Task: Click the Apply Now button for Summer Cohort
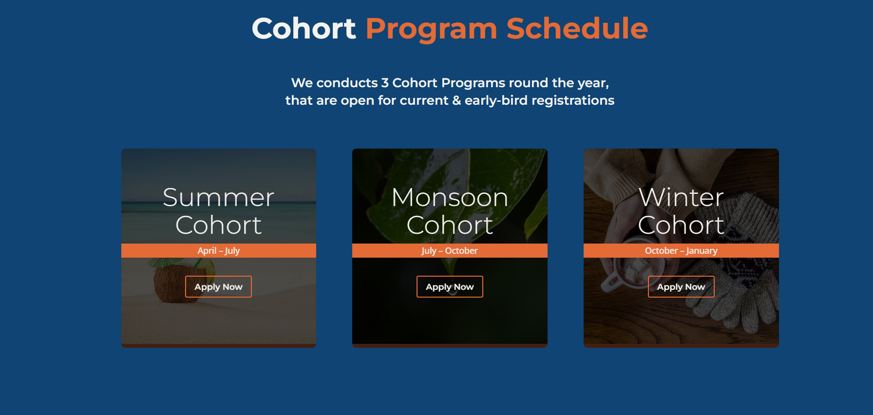[x=218, y=286]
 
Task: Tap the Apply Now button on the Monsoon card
[x=450, y=286]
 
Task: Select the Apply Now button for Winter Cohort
[x=681, y=286]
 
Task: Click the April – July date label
[x=219, y=251]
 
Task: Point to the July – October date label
[x=450, y=251]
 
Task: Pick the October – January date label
[x=681, y=251]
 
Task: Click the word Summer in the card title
[x=219, y=197]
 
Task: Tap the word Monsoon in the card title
[x=450, y=197]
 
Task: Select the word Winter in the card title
[x=681, y=197]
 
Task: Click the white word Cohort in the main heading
[x=304, y=28]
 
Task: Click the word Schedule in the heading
[x=577, y=28]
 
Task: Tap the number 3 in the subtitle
[x=385, y=83]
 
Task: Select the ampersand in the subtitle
[x=456, y=100]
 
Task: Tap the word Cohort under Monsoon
[x=450, y=225]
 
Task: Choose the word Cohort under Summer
[x=219, y=225]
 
